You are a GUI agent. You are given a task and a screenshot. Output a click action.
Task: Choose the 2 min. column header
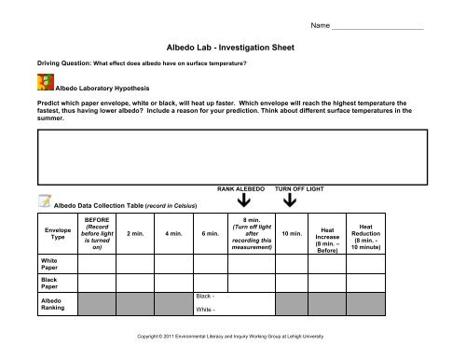coord(135,234)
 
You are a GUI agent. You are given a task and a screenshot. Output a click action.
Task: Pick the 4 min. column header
coord(173,234)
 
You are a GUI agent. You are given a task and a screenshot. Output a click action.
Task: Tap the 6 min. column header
coord(210,234)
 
